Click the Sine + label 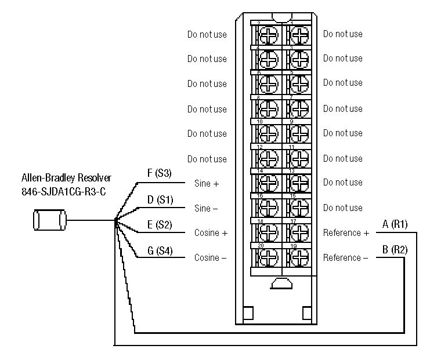click(207, 183)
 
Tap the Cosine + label click(211, 233)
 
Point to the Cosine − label click(211, 258)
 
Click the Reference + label click(346, 233)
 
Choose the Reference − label click(346, 258)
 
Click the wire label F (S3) click(159, 173)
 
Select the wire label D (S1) click(159, 199)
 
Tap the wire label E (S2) click(159, 225)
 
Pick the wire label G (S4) click(159, 251)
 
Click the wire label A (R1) click(395, 224)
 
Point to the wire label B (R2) click(395, 250)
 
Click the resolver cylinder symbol click(48, 220)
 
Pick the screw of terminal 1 click(298, 34)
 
